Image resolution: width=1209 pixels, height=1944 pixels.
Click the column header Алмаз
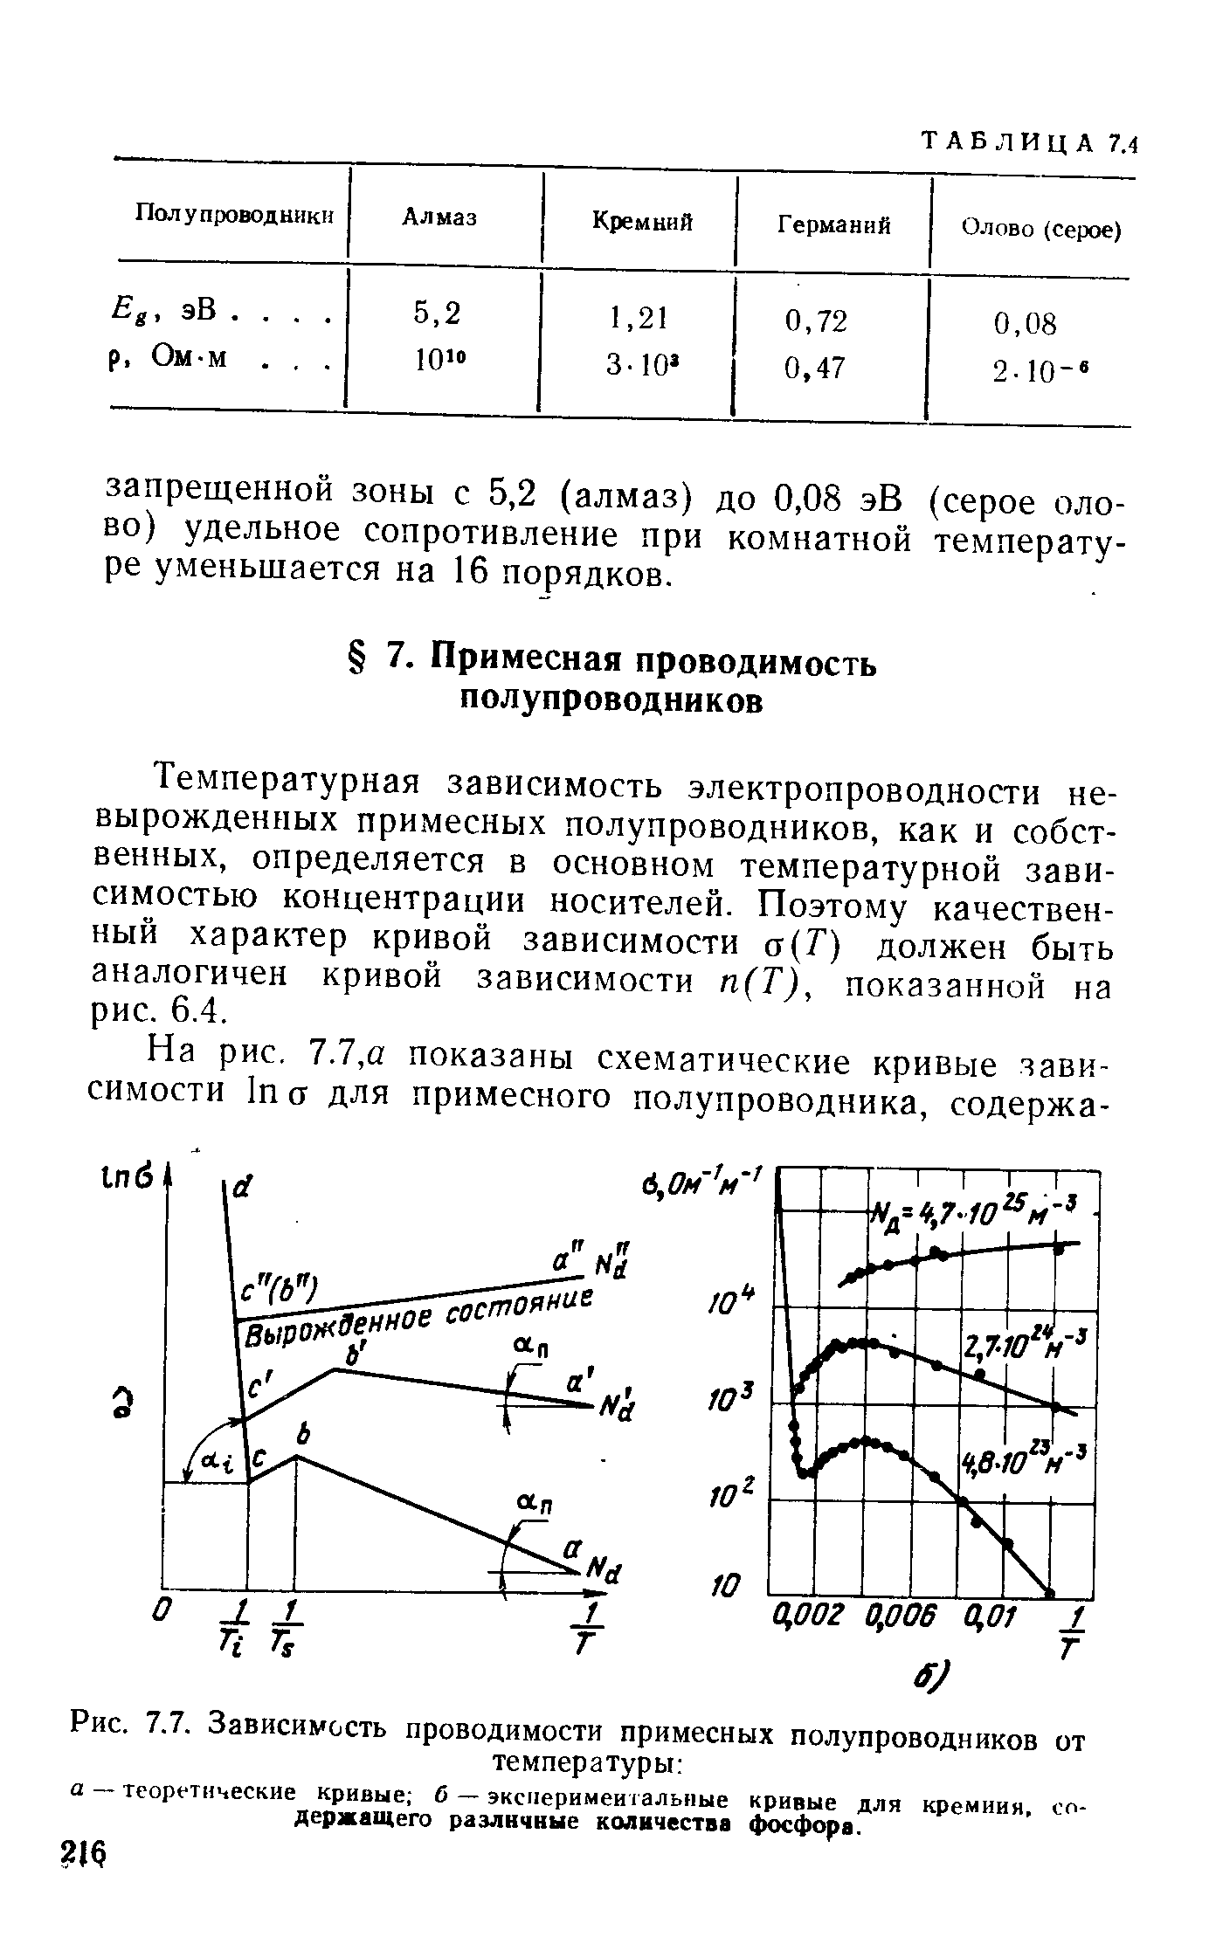tap(439, 217)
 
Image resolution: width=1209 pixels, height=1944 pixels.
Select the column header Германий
tap(834, 225)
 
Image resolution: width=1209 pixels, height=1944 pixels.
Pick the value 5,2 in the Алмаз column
tap(437, 312)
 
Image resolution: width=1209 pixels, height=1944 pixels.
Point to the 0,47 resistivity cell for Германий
tap(816, 369)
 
